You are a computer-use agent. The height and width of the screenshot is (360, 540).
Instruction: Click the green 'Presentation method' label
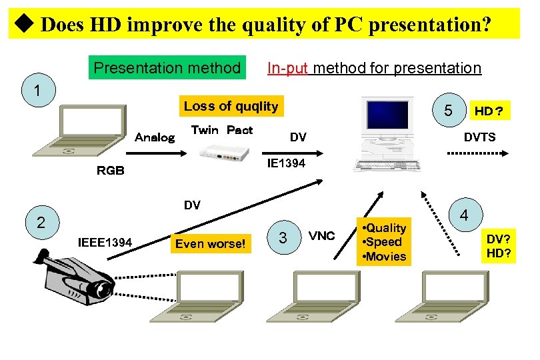[x=167, y=67]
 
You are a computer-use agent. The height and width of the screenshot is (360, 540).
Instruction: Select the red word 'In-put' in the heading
[x=287, y=67]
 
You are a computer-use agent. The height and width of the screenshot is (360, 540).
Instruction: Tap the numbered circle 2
[x=41, y=223]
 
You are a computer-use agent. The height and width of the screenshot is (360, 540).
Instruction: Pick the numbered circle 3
[x=283, y=237]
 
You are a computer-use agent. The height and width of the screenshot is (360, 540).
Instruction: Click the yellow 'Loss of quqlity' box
[x=231, y=106]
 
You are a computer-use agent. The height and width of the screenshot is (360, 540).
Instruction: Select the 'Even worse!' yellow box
[x=211, y=243]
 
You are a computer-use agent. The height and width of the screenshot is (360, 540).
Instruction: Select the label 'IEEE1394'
[x=105, y=241]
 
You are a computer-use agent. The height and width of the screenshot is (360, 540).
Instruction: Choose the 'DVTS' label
[x=479, y=137]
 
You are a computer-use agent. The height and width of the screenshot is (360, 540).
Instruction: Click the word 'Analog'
[x=154, y=137]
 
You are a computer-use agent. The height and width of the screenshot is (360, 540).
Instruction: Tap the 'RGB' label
[x=111, y=170]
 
